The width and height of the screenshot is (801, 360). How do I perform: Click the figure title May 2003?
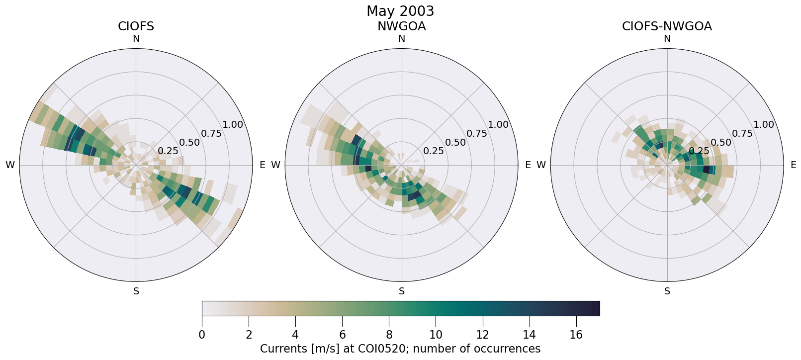pyautogui.click(x=400, y=11)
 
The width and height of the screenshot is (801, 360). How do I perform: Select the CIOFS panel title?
pyautogui.click(x=136, y=26)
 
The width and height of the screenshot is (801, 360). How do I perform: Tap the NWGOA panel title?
pyautogui.click(x=401, y=26)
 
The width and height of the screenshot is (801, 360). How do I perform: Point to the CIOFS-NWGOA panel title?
pyautogui.click(x=667, y=26)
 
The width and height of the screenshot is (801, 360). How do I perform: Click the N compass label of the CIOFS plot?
pyautogui.click(x=136, y=39)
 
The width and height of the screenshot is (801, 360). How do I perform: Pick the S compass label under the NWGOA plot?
pyautogui.click(x=402, y=291)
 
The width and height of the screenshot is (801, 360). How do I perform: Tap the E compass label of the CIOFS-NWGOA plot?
pyautogui.click(x=794, y=165)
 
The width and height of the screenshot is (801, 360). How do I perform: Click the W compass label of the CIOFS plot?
pyautogui.click(x=10, y=165)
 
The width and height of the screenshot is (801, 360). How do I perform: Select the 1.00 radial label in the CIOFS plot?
pyautogui.click(x=233, y=125)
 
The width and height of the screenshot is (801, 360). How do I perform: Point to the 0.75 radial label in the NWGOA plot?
pyautogui.click(x=477, y=133)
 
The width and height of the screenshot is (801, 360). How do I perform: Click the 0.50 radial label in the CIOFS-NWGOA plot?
pyautogui.click(x=721, y=142)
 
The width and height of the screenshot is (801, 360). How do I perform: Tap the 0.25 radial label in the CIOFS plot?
pyautogui.click(x=168, y=151)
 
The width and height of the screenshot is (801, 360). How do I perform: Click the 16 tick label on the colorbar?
pyautogui.click(x=576, y=335)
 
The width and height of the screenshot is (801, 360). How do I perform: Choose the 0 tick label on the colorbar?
pyautogui.click(x=202, y=335)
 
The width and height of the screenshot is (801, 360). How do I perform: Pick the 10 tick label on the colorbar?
pyautogui.click(x=436, y=335)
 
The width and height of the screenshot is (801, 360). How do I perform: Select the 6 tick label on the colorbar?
pyautogui.click(x=342, y=335)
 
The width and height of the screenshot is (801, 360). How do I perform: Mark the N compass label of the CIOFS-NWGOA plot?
pyautogui.click(x=667, y=39)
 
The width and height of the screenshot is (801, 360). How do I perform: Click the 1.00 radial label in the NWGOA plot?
pyautogui.click(x=498, y=125)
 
